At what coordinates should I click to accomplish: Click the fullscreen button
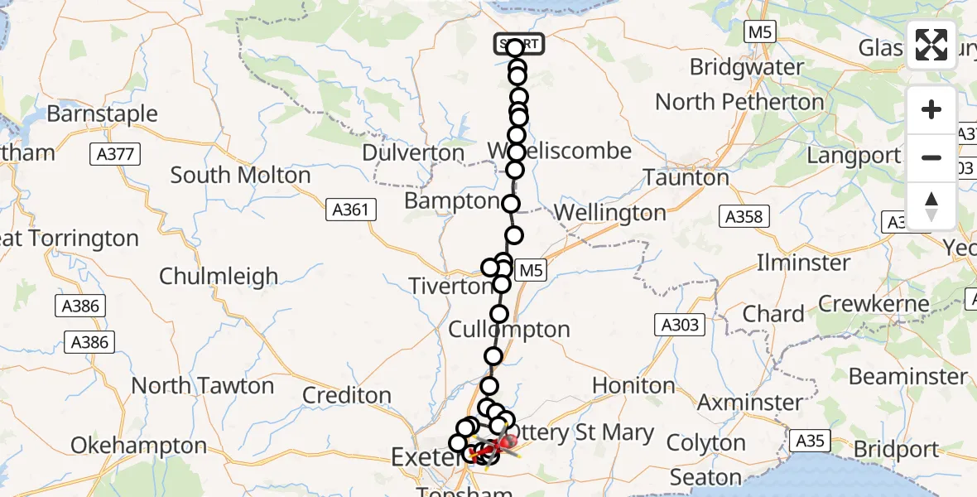pos(931,46)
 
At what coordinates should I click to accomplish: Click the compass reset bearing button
pos(931,205)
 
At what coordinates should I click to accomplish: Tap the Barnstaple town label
pos(102,113)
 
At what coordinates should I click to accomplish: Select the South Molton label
pos(240,176)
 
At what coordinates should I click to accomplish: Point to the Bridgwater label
pos(746,67)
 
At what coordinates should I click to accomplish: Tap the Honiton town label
pos(633,385)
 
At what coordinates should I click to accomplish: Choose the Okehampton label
pos(138,446)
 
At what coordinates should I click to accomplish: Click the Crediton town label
pos(346,396)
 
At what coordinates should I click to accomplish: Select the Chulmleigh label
pos(219,276)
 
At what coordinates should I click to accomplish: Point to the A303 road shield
pos(681,326)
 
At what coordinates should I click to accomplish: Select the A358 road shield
pos(744,217)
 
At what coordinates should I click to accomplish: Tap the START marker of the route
pos(519,44)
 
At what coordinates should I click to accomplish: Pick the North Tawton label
pos(202,386)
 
